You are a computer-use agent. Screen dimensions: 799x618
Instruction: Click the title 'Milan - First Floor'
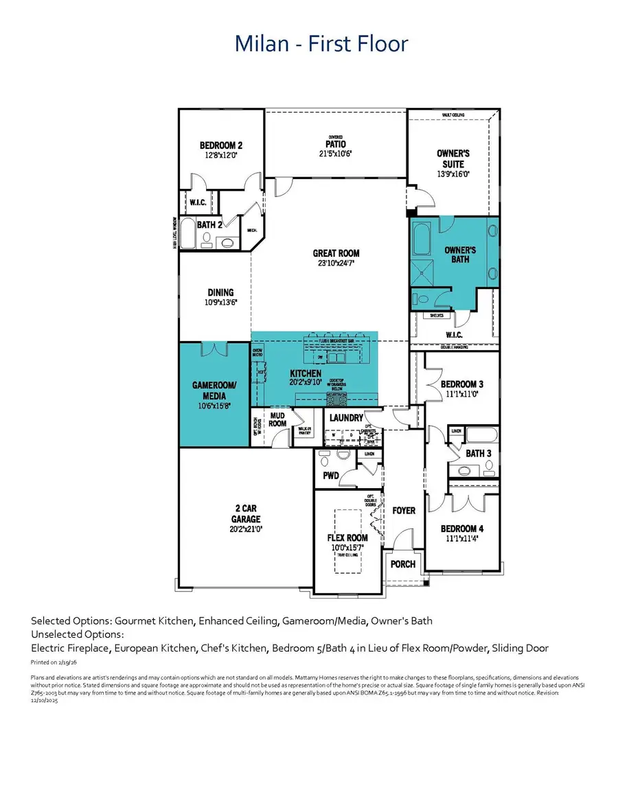point(321,44)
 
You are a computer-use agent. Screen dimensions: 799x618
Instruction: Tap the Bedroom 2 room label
point(221,146)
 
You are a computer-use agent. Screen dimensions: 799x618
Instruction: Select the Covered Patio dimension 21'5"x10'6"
point(336,154)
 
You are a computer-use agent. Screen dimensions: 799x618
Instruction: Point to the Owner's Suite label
point(453,159)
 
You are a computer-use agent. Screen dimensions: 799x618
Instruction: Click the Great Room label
point(336,253)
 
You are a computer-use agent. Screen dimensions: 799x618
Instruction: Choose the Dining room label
point(220,292)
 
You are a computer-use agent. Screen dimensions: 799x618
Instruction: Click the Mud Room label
point(277,419)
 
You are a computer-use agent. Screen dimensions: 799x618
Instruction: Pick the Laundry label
point(346,417)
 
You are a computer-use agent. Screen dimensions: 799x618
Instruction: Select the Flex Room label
point(347,537)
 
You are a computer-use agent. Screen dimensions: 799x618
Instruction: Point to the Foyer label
point(404,511)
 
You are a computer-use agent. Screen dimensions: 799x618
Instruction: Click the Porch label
point(403,564)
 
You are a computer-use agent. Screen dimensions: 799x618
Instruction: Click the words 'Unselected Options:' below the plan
point(78,634)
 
